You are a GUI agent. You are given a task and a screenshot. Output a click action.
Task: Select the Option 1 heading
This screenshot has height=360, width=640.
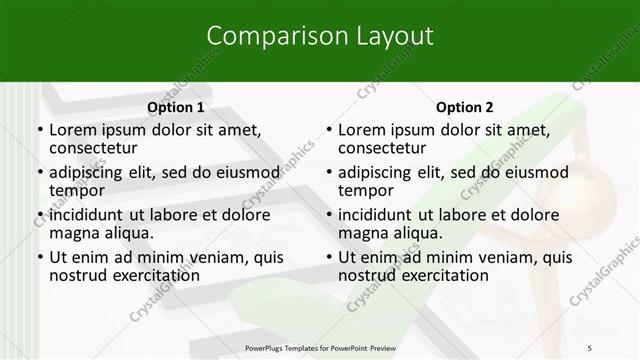175,106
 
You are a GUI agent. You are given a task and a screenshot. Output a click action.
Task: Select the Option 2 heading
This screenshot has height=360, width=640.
464,106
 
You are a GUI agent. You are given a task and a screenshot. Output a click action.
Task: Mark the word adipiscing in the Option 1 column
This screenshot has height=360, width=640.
93,172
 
